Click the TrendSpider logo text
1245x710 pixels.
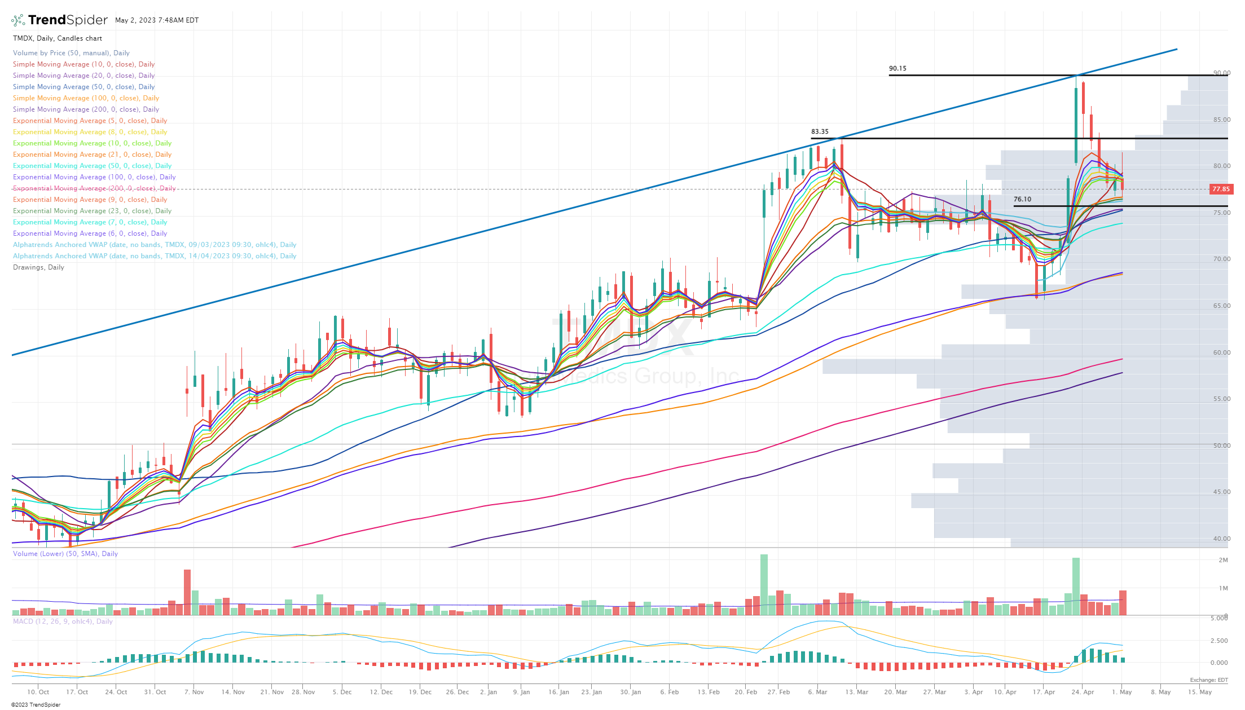tap(68, 20)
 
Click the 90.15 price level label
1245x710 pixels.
tap(898, 68)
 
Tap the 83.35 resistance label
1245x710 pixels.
tap(820, 131)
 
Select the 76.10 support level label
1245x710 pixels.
tap(1022, 199)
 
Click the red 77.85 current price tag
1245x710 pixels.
tap(1221, 189)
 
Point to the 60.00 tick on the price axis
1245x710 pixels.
tap(1222, 352)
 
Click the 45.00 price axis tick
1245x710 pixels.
tap(1222, 492)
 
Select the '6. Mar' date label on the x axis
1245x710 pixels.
tap(817, 692)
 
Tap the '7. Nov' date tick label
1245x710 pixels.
tap(195, 692)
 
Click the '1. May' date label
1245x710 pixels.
tap(1122, 692)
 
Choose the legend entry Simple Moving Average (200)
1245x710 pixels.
tap(86, 109)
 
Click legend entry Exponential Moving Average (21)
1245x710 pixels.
tap(92, 155)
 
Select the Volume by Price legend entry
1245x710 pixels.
tap(71, 53)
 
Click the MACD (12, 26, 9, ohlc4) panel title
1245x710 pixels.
tap(63, 621)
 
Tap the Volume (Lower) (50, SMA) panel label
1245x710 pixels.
tap(65, 554)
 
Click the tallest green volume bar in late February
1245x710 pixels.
tap(764, 584)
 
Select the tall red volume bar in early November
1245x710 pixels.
tap(187, 592)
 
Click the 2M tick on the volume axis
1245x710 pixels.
tap(1223, 560)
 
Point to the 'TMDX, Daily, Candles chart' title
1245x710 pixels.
tap(58, 38)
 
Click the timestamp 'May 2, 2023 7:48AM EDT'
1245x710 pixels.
tap(157, 20)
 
